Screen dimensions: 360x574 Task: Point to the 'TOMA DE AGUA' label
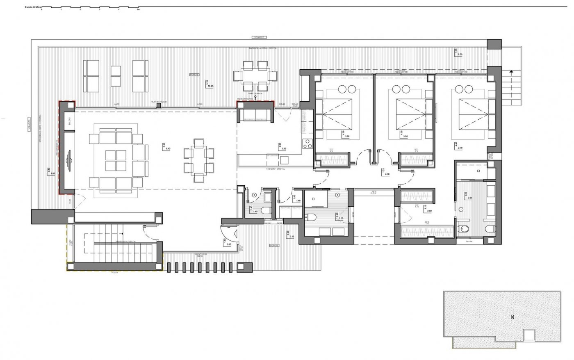point(255,93)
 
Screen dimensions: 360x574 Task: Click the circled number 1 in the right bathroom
point(462,209)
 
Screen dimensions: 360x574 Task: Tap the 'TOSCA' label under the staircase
point(114,272)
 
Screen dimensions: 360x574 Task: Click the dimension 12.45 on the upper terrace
point(210,86)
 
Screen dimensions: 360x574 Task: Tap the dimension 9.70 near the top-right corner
point(460,54)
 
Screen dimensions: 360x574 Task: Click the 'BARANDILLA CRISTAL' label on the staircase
point(125,242)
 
